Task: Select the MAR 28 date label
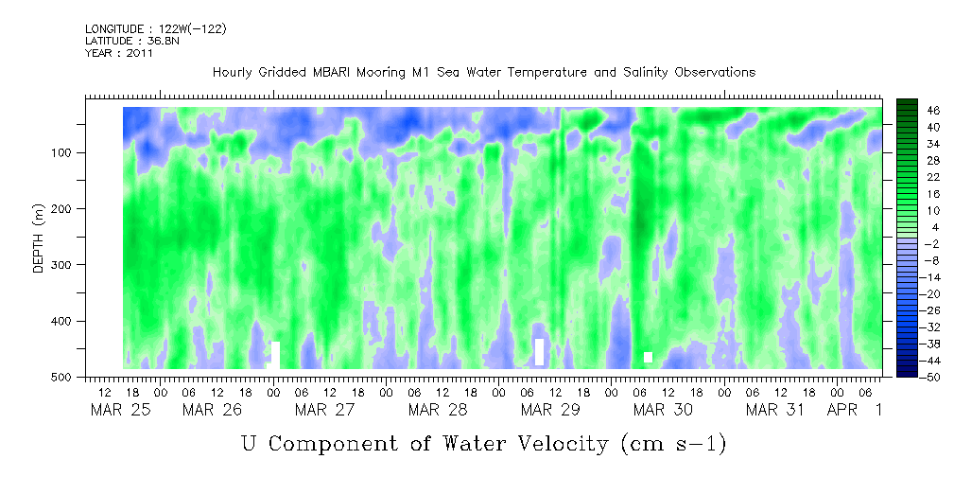[x=437, y=410]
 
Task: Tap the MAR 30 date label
[x=663, y=410]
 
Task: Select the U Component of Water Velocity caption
[x=483, y=442]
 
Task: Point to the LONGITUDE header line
[x=155, y=29]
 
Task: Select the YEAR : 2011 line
[x=118, y=53]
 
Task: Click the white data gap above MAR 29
[x=539, y=352]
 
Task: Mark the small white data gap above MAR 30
[x=649, y=357]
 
